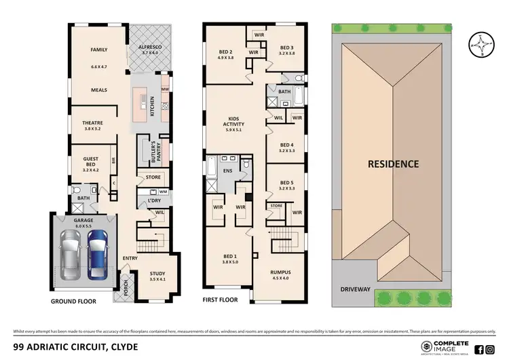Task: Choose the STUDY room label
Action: pyautogui.click(x=157, y=274)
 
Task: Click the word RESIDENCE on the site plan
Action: pyautogui.click(x=393, y=164)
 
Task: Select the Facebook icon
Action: pyautogui.click(x=479, y=349)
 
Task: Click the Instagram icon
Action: pyautogui.click(x=490, y=349)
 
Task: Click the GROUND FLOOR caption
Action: pyautogui.click(x=73, y=300)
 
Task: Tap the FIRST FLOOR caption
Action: pyautogui.click(x=221, y=298)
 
